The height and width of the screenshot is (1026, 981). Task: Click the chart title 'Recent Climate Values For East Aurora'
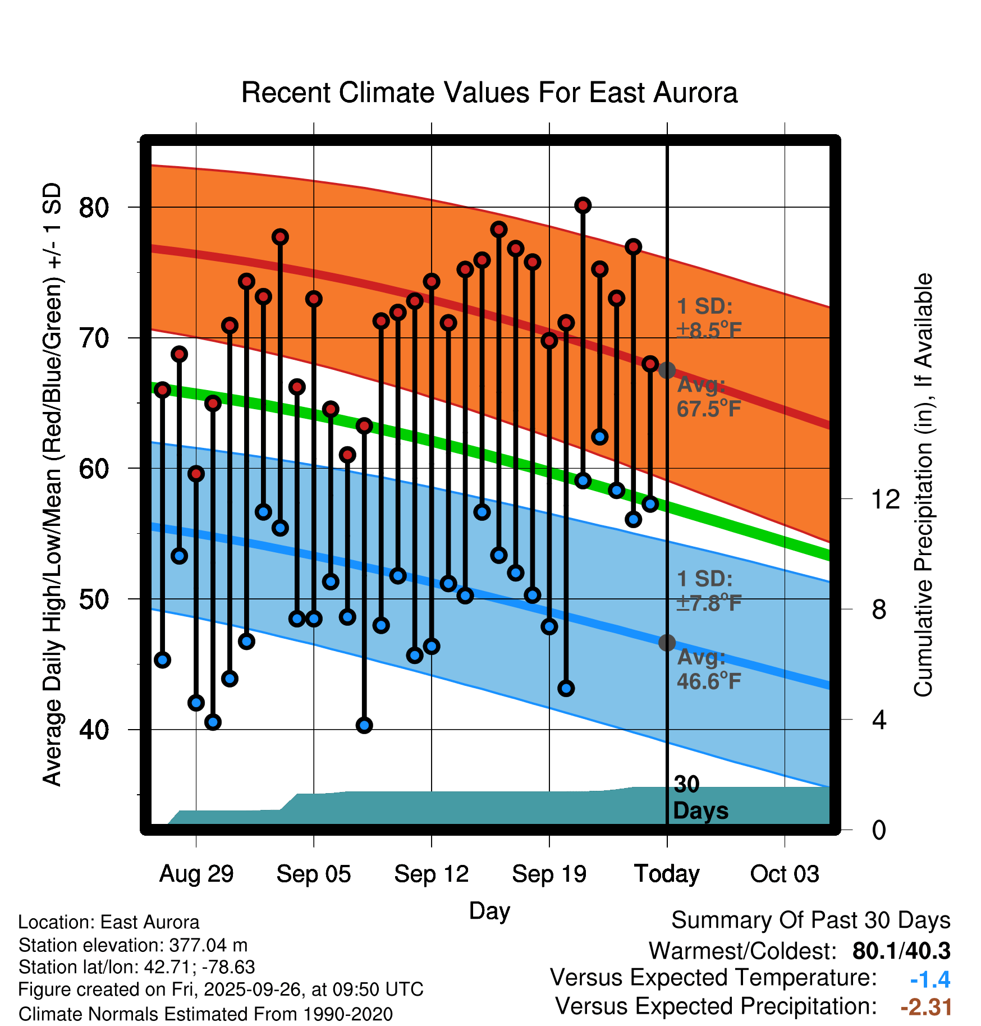point(489,93)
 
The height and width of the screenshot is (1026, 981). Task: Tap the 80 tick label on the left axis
point(94,208)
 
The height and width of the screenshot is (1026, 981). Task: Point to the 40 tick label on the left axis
point(94,730)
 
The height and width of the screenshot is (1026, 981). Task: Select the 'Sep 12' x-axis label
point(431,874)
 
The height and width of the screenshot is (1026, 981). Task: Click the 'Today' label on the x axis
point(667,874)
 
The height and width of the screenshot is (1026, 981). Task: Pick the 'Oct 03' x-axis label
point(785,874)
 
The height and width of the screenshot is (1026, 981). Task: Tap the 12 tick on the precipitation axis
point(886,499)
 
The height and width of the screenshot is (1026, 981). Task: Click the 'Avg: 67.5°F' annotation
point(708,397)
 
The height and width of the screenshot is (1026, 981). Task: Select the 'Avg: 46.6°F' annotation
point(708,669)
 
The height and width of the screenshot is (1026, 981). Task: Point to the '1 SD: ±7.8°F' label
point(708,591)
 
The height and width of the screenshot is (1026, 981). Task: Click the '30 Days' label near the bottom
point(700,798)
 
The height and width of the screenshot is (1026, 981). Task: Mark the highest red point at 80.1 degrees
point(583,205)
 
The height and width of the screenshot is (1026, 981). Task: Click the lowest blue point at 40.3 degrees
point(364,725)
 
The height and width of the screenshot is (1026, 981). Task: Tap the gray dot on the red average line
point(667,370)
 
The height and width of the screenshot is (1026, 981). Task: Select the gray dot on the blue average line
point(667,643)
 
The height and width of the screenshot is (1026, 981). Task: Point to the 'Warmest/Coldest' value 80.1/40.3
point(901,951)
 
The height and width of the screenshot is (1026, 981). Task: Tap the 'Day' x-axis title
point(489,910)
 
